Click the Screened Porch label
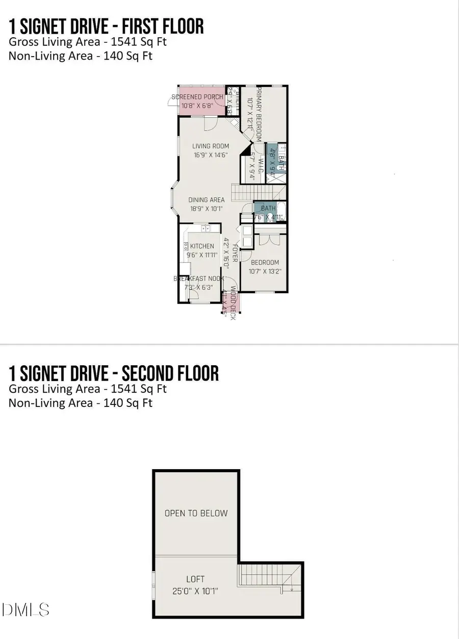pyautogui.click(x=197, y=97)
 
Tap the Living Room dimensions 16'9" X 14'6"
pyautogui.click(x=211, y=155)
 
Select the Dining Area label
pyautogui.click(x=207, y=200)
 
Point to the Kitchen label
pyautogui.click(x=202, y=246)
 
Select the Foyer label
pyautogui.click(x=235, y=253)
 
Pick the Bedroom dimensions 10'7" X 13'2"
pyautogui.click(x=265, y=272)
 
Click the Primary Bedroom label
pyautogui.click(x=259, y=114)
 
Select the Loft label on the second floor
pyautogui.click(x=195, y=579)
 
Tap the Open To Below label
pyautogui.click(x=196, y=513)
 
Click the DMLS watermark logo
pyautogui.click(x=25, y=609)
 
